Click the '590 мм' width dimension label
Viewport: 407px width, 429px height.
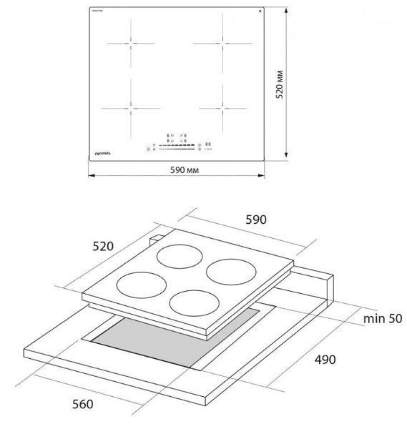[x=177, y=169]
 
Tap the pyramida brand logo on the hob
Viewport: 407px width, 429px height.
[x=104, y=151]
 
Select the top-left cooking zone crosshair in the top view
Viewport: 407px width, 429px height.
[x=131, y=43]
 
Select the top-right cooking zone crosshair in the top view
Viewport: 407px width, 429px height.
[x=223, y=43]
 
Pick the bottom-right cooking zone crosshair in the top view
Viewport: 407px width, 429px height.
[x=223, y=108]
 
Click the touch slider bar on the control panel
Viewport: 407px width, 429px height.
[x=176, y=149]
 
